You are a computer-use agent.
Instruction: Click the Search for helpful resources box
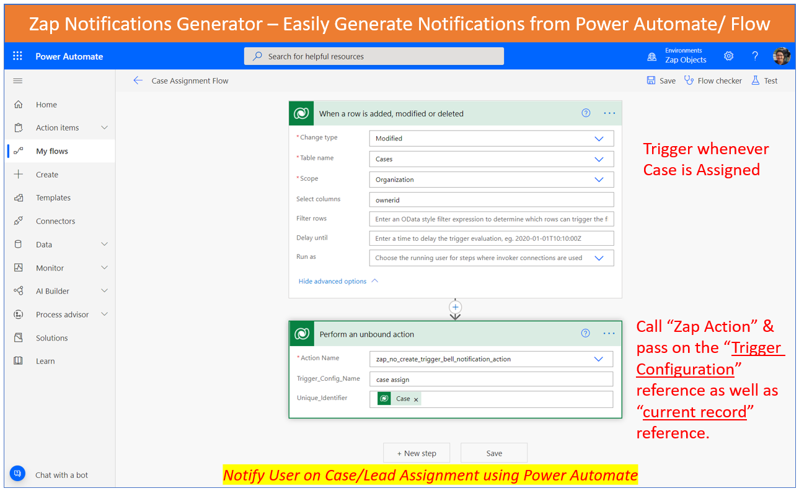[374, 56]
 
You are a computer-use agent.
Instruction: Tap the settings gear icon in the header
[728, 56]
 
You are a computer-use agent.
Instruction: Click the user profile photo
[781, 56]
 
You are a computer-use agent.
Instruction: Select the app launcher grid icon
[17, 56]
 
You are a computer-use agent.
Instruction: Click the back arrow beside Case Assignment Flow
[138, 80]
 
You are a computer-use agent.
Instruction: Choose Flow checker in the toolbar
[713, 80]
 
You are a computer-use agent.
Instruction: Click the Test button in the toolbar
[764, 80]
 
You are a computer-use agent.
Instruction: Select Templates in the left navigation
[53, 198]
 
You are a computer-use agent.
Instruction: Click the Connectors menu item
[55, 221]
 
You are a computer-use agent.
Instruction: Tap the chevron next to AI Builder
[104, 291]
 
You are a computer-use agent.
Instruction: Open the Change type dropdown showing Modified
[491, 138]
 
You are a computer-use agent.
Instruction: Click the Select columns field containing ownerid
[491, 200]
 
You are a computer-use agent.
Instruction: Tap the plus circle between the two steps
[455, 307]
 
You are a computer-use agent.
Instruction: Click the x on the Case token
[416, 399]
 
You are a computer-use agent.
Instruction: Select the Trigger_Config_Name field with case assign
[491, 379]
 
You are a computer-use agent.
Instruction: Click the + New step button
[417, 453]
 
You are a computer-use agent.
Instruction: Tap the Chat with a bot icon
[17, 474]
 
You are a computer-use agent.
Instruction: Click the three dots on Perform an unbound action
[609, 334]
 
